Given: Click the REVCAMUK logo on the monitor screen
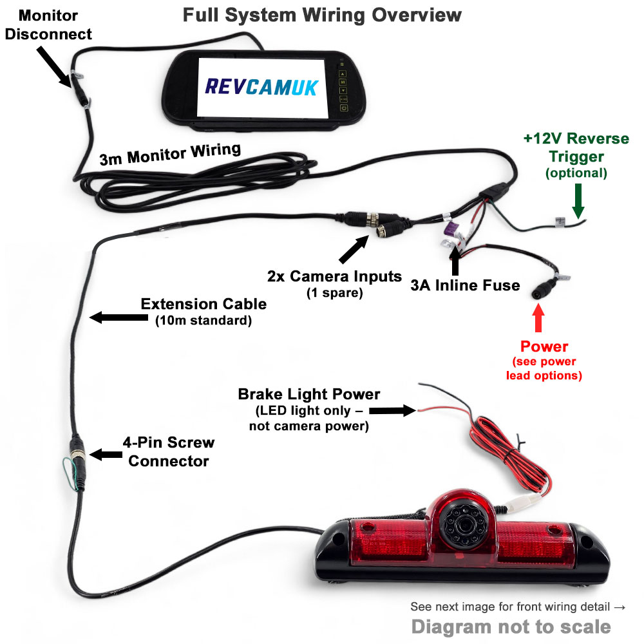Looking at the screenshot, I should [261, 86].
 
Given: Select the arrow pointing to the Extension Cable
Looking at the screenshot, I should [113, 317].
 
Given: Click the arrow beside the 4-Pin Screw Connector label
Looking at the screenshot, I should [105, 455].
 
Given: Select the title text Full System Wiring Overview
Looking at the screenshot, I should [322, 14].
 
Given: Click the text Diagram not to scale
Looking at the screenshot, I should [511, 626].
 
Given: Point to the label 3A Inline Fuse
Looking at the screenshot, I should [465, 285].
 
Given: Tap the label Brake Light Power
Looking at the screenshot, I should [309, 394].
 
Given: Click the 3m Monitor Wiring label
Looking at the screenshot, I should [170, 155].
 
